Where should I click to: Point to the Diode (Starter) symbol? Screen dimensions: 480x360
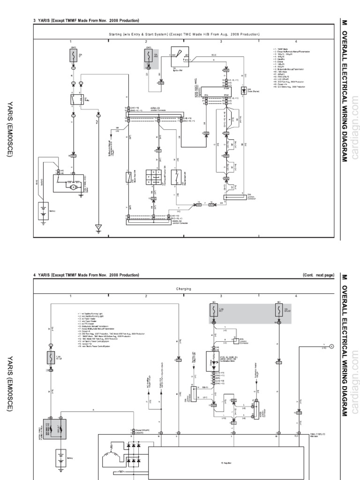[243, 90]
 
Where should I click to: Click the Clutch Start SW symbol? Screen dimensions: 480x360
[128, 177]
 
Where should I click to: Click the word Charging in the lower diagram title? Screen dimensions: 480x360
[183, 289]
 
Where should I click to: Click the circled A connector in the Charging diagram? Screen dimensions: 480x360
[331, 346]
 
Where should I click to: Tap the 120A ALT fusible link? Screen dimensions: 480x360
[60, 421]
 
